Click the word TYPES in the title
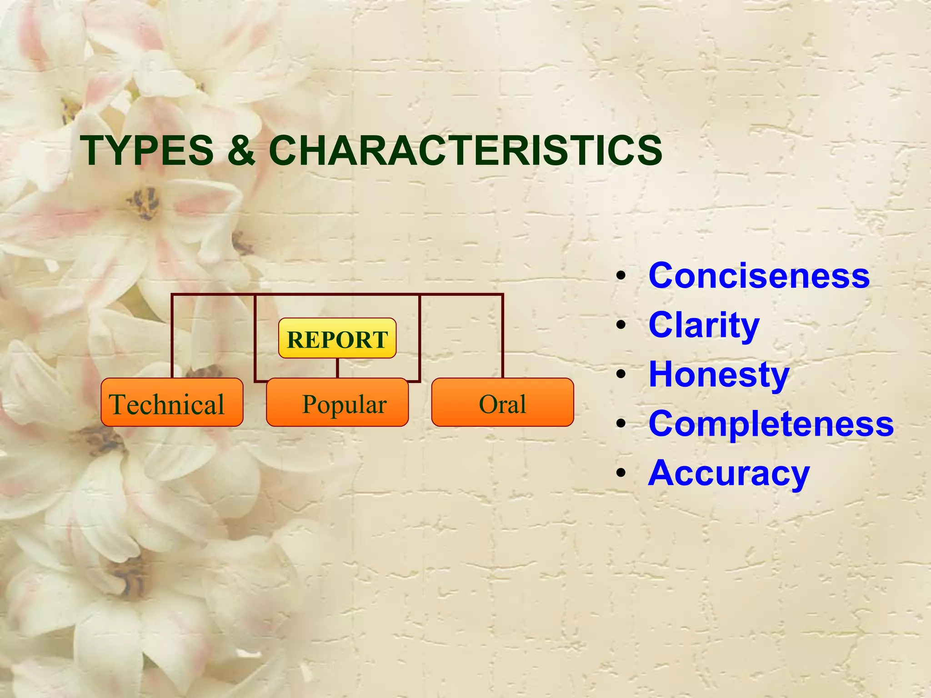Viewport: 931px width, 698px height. [x=147, y=150]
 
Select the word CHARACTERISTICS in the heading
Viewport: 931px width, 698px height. [x=465, y=150]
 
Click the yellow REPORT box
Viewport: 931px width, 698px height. [x=337, y=339]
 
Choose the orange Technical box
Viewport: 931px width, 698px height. [x=172, y=403]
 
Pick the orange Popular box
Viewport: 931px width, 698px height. [x=337, y=403]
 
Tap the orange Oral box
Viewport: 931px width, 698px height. [x=502, y=403]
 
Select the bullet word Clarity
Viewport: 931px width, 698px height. [x=704, y=325]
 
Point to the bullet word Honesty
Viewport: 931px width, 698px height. [x=719, y=374]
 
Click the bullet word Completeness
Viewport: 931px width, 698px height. [x=771, y=424]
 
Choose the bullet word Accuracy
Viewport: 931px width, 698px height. [x=729, y=473]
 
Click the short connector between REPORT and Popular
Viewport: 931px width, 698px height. [x=337, y=368]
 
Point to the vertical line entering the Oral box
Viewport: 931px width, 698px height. [x=502, y=336]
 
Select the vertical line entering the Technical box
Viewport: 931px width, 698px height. [x=172, y=336]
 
